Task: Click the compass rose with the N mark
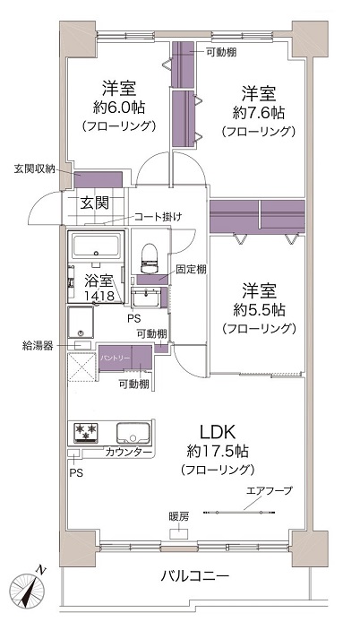(x=27, y=590)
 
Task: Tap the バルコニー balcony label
(x=194, y=576)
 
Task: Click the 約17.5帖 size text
(x=218, y=451)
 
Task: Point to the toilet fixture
(x=149, y=258)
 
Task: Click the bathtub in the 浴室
(x=96, y=246)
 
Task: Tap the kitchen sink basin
(x=133, y=434)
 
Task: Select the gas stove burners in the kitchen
(x=86, y=432)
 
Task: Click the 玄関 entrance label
(x=94, y=203)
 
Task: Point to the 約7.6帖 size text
(x=258, y=113)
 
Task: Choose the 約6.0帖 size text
(x=119, y=108)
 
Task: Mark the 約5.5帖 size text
(x=258, y=310)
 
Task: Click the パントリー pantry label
(x=116, y=358)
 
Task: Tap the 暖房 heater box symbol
(x=178, y=534)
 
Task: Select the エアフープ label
(x=270, y=490)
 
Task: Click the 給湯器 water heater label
(x=38, y=347)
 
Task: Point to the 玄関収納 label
(x=34, y=168)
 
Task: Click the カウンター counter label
(x=129, y=452)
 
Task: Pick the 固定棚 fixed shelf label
(x=191, y=270)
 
